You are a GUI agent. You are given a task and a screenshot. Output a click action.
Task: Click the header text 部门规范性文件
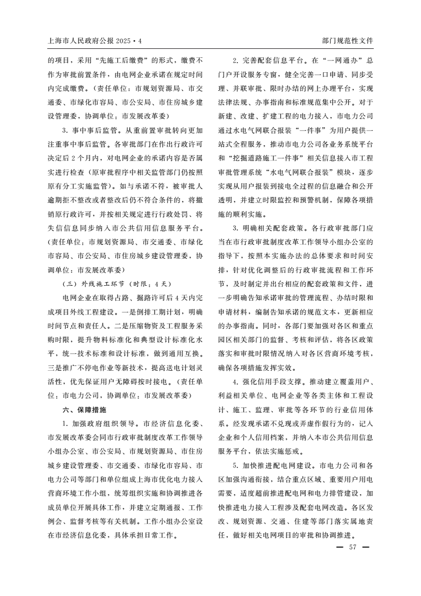(x=347, y=40)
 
